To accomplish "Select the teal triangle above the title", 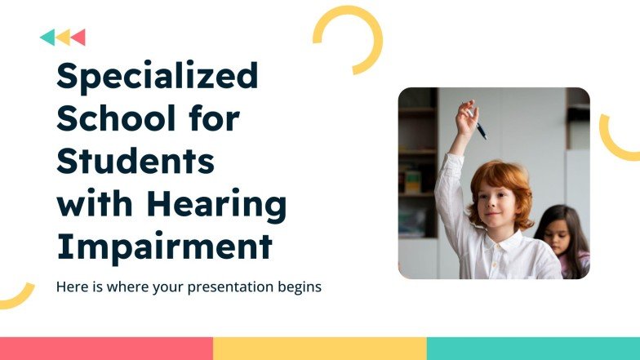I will pyautogui.click(x=48, y=38).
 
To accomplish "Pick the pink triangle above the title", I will pyautogui.click(x=79, y=38).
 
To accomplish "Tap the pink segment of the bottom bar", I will pyautogui.click(x=106, y=349).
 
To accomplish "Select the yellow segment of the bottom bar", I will pyautogui.click(x=319, y=349).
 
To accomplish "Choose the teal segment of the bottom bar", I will pyautogui.click(x=533, y=349).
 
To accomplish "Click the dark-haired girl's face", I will pyautogui.click(x=558, y=237).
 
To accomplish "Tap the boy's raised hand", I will pyautogui.click(x=466, y=118).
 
